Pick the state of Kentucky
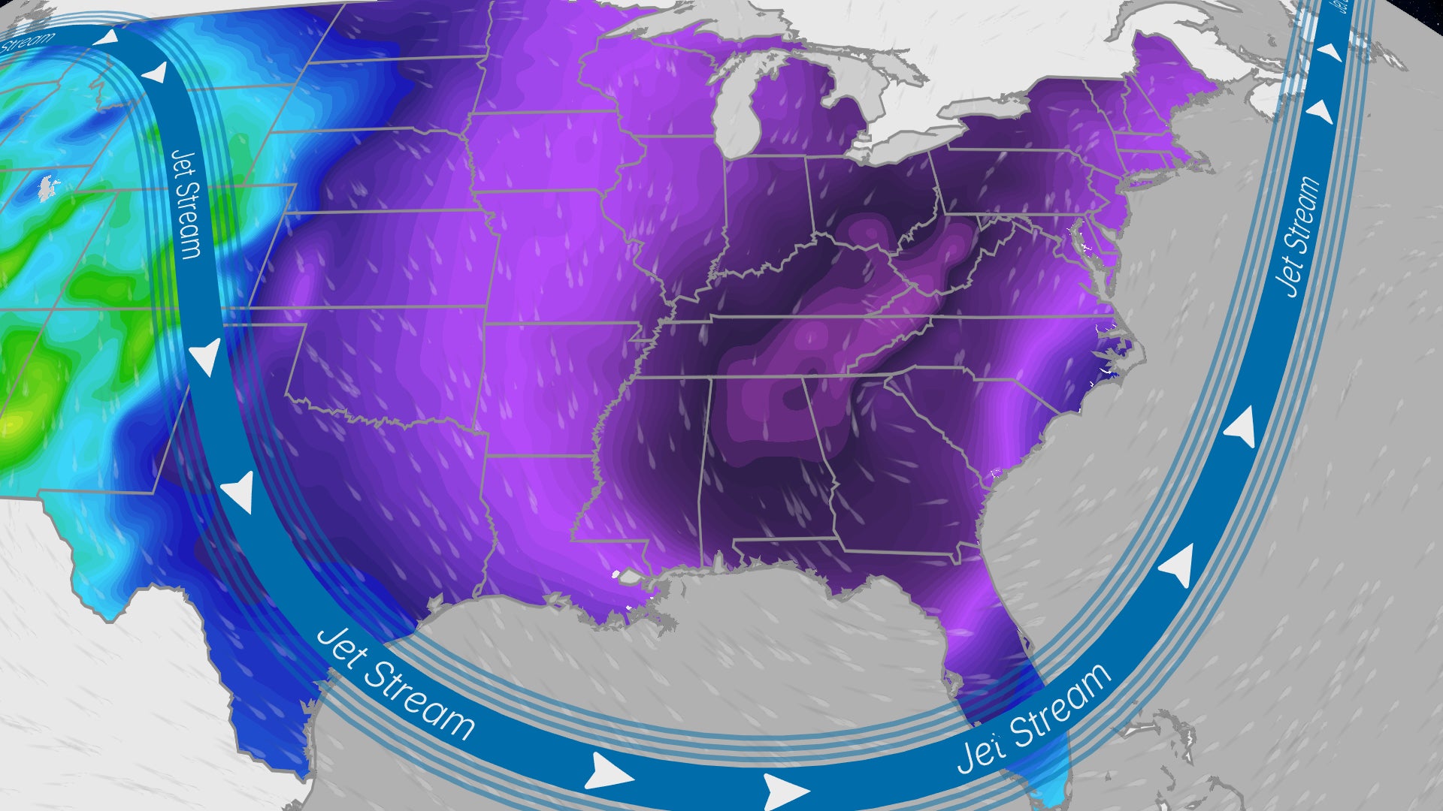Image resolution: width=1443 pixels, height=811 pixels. [x=812, y=278]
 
